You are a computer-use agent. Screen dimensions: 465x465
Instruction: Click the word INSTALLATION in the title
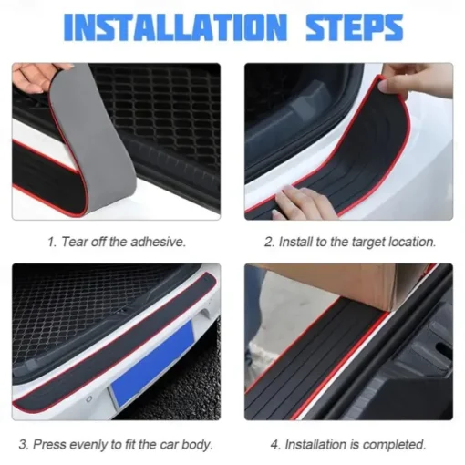pos(175,27)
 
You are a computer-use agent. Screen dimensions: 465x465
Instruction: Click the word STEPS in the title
pos(355,27)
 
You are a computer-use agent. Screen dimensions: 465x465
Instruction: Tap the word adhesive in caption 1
pos(158,242)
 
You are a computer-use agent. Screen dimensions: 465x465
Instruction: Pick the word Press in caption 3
pos(50,445)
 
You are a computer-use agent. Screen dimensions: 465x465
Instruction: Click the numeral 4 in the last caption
pos(274,445)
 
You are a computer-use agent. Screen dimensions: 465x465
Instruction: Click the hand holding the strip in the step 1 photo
pos(38,78)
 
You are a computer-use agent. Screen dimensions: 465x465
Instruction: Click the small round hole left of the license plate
pos(89,398)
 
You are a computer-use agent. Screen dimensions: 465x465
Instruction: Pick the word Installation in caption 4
pos(316,445)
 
